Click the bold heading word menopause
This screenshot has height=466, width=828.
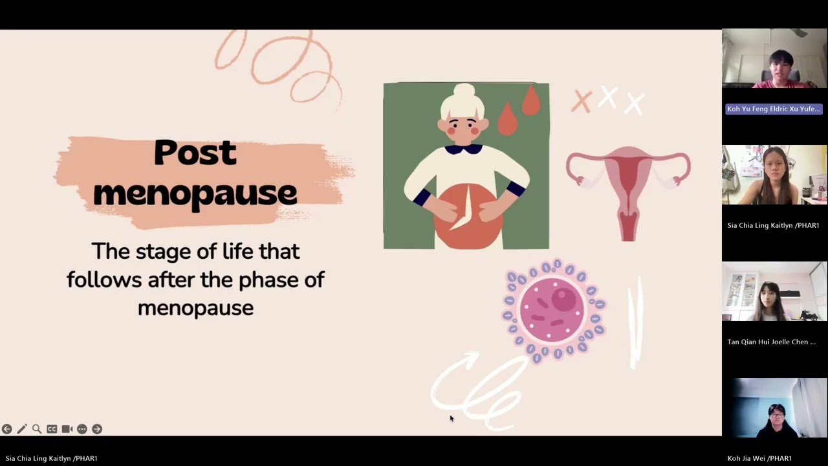pos(195,193)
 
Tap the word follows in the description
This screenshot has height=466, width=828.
pos(104,280)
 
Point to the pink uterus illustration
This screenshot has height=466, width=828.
pos(627,188)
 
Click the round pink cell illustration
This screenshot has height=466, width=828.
pos(553,310)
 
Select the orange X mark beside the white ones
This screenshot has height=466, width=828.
pos(582,102)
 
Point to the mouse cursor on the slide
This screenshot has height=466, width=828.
pos(452,419)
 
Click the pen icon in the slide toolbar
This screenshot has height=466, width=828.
pos(22,429)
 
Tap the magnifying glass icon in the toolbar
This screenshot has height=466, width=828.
pos(37,429)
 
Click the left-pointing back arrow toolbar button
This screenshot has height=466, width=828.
pos(6,429)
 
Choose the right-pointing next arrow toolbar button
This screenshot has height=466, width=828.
pos(97,429)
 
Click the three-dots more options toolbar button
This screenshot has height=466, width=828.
pos(82,429)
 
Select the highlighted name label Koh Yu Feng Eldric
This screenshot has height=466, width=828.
pos(774,109)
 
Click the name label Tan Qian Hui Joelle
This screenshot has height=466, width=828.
pos(771,342)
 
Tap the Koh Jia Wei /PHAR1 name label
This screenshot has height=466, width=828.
pos(759,458)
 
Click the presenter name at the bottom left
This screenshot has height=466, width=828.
pos(52,458)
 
